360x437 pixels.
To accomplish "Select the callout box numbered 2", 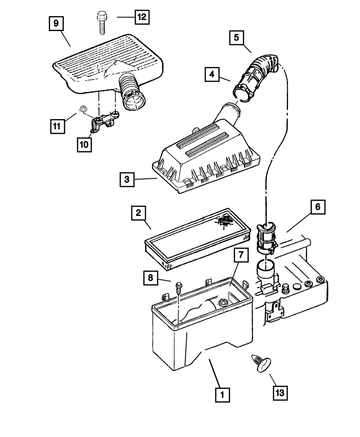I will click(x=138, y=213).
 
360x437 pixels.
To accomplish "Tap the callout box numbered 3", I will click(x=127, y=179).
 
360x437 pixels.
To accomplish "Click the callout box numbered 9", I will click(x=56, y=24).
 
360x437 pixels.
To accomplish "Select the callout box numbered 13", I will click(x=281, y=392).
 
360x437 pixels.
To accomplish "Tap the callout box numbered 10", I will click(x=84, y=144).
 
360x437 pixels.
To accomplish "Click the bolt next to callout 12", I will click(x=100, y=23).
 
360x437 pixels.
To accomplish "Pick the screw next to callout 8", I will click(x=179, y=288).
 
